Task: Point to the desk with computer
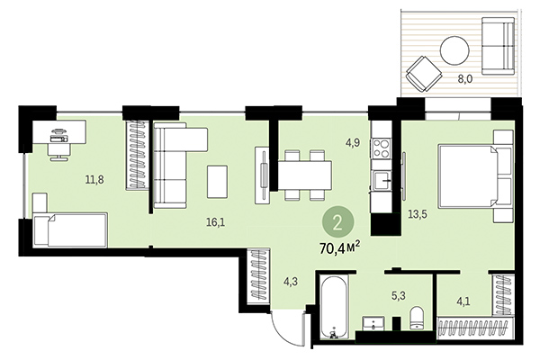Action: (x=58, y=139)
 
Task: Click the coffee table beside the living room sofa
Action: (x=218, y=183)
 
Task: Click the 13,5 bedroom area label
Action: (x=416, y=215)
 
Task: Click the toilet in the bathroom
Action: (x=417, y=319)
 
